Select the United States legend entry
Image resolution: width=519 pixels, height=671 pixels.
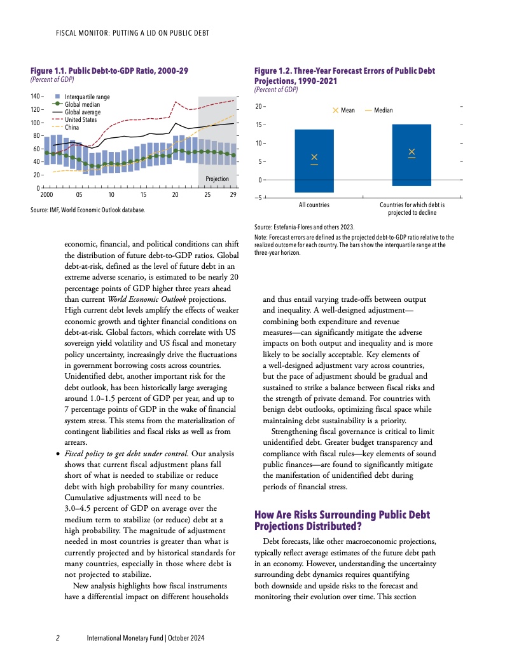pos(81,119)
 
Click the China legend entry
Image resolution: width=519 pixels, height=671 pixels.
pos(72,127)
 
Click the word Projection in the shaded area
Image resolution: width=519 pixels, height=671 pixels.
pos(217,179)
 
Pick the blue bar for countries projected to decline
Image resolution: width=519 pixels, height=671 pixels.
pos(412,155)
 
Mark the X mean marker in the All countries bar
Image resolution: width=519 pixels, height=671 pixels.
pos(314,157)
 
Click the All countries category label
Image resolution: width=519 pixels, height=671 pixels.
pos(314,206)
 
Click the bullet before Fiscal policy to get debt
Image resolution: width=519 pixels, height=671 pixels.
pos(59,454)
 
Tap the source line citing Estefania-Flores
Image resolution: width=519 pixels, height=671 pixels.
pos(304,226)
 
